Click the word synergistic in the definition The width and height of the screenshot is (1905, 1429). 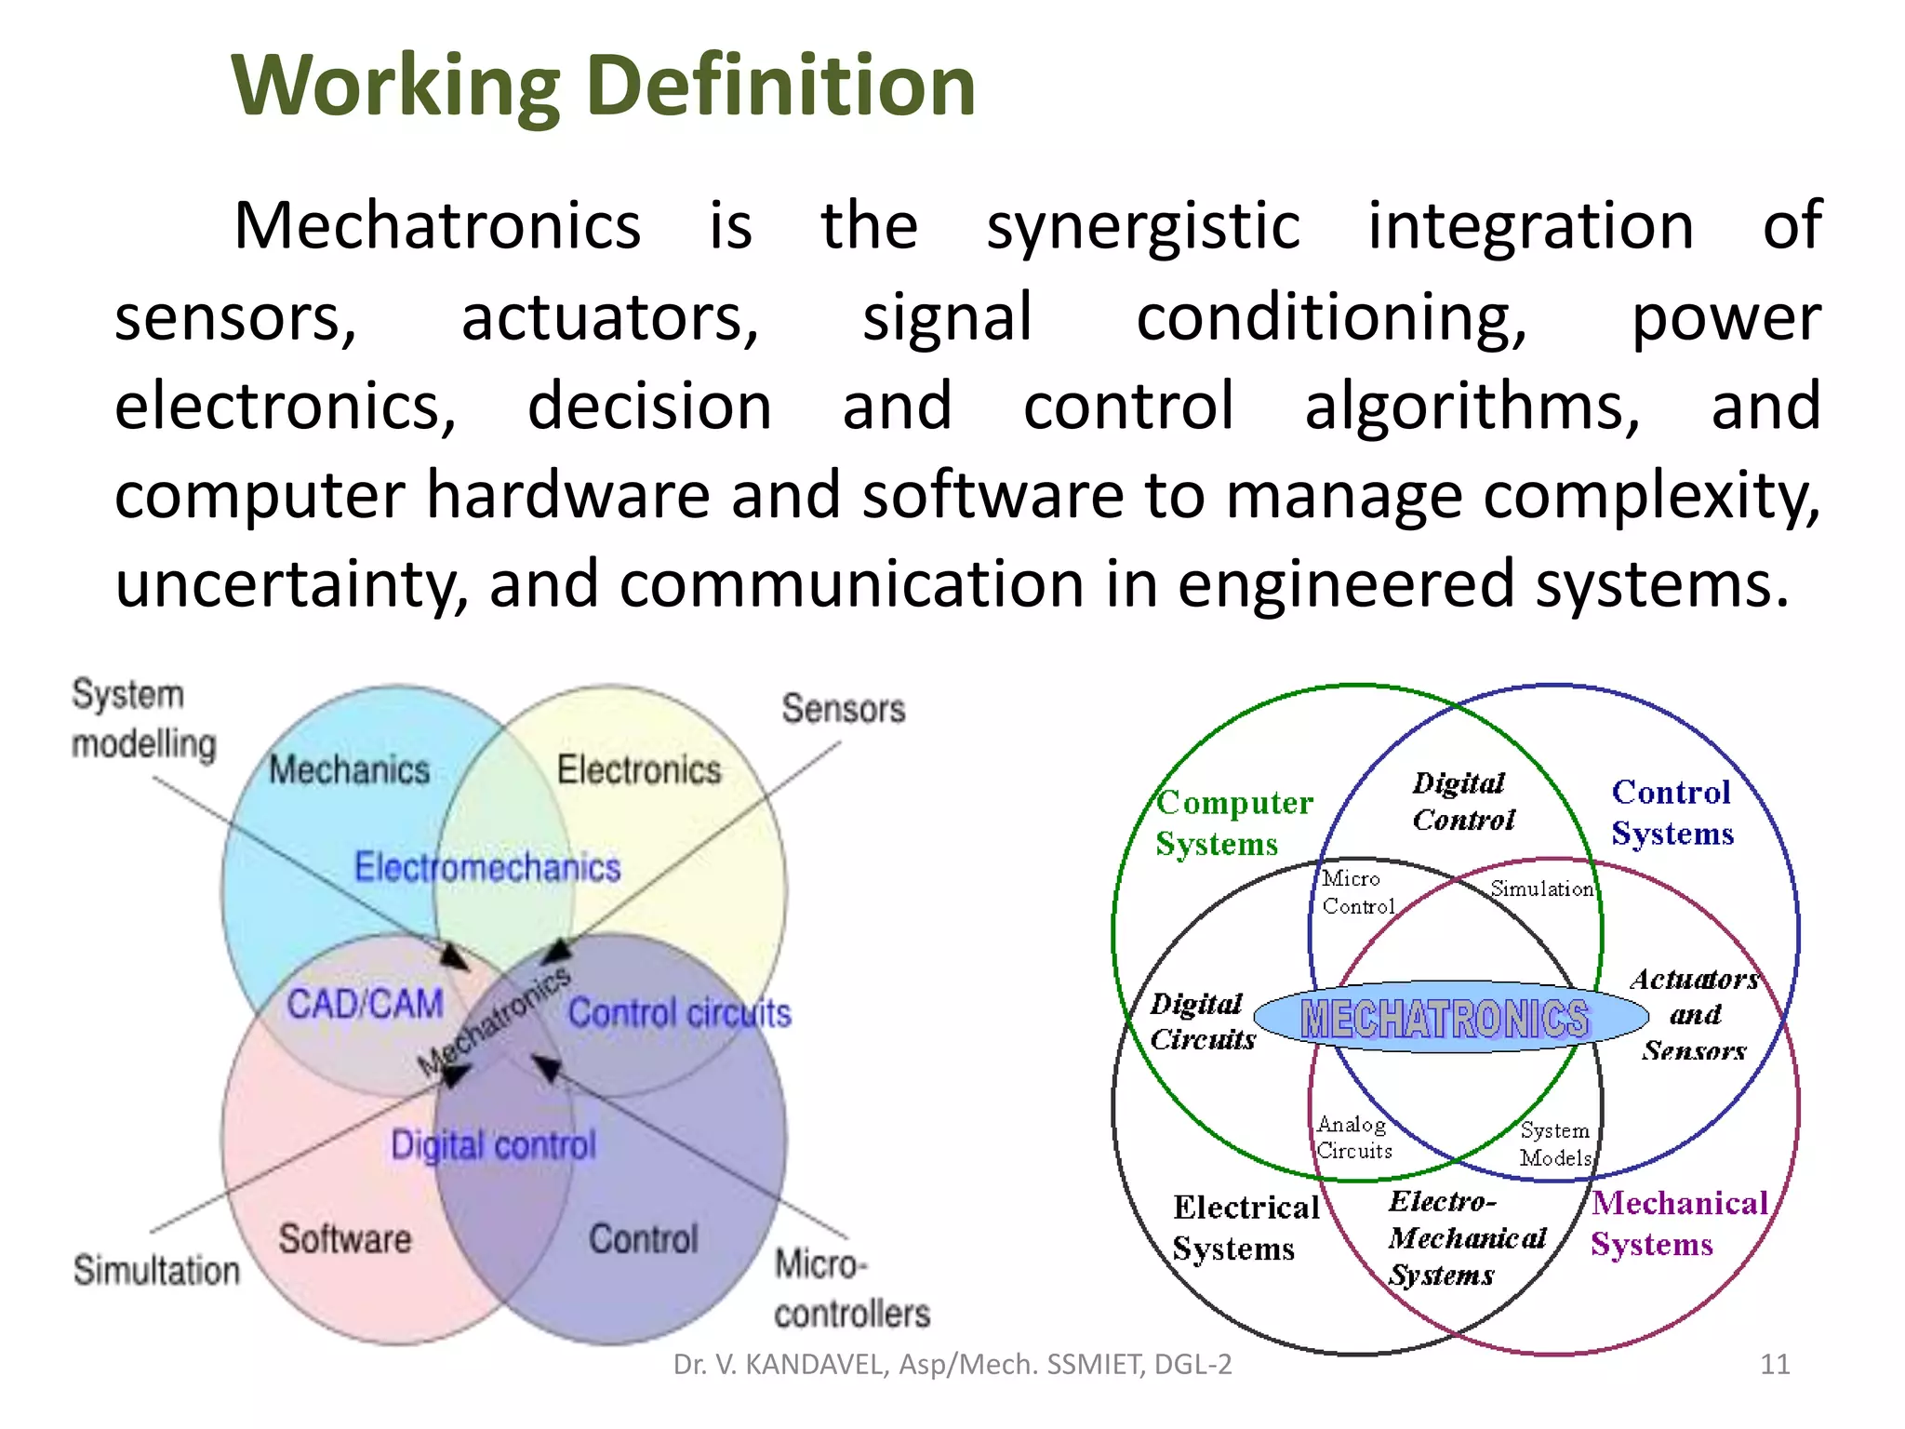coord(1142,226)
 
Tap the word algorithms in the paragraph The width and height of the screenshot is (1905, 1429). coord(1472,407)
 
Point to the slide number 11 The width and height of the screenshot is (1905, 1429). coord(1775,1364)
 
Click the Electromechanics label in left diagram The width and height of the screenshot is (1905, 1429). coord(487,867)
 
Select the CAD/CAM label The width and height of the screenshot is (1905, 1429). coord(365,1005)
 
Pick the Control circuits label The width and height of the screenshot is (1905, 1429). coord(679,1013)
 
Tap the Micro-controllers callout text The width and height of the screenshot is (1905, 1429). coord(850,1289)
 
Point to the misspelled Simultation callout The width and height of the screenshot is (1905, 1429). coord(156,1271)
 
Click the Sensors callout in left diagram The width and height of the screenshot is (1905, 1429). coord(843,709)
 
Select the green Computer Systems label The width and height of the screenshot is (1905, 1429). coord(1232,822)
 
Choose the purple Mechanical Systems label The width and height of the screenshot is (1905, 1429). coord(1677,1223)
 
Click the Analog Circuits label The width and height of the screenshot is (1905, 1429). coord(1353,1137)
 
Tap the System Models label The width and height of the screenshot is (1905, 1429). coord(1555,1143)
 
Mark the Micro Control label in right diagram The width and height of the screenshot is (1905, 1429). coord(1357,892)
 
